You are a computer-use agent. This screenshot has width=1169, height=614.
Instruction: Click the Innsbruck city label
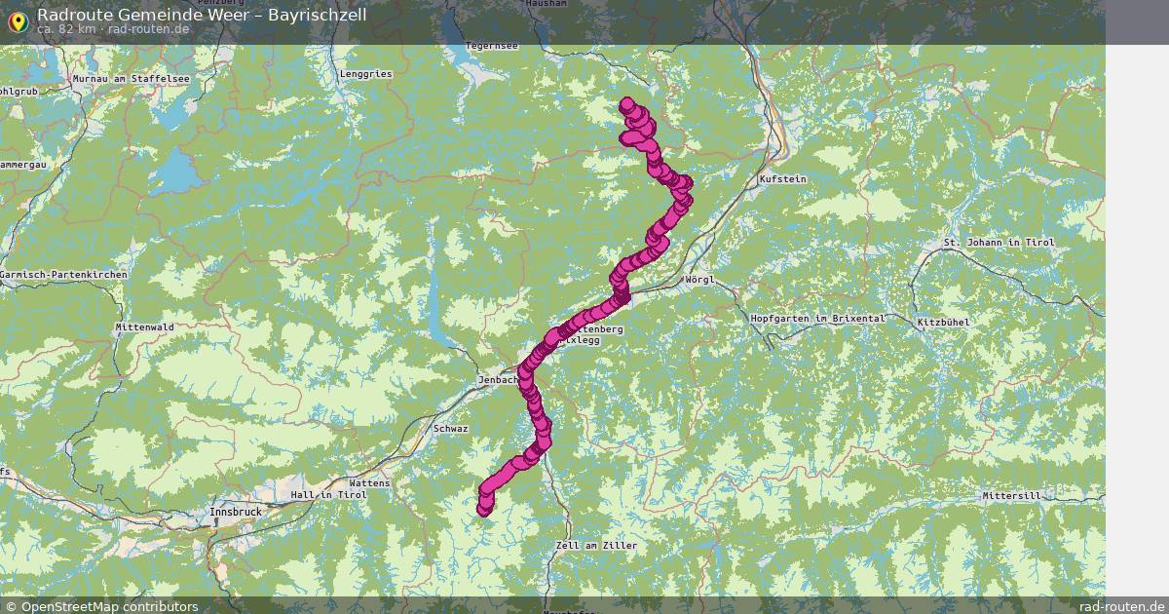point(235,511)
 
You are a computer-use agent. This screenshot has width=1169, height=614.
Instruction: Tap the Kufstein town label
point(782,179)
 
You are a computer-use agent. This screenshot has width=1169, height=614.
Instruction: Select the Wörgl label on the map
point(699,280)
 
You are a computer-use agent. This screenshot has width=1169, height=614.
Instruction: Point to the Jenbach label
point(497,380)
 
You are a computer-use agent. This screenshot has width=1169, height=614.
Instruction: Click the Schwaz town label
point(451,429)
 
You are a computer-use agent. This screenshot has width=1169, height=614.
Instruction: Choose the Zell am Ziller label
point(595,546)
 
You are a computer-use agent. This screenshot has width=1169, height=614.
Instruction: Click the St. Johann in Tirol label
point(999,242)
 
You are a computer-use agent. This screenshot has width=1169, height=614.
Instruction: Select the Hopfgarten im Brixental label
point(817,319)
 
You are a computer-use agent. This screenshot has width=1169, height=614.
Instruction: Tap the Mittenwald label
point(144,326)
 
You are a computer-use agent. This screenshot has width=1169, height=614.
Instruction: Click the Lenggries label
point(366,73)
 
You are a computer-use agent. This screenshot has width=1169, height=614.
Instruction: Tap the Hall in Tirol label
point(327,495)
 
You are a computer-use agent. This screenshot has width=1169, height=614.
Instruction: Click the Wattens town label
point(369,482)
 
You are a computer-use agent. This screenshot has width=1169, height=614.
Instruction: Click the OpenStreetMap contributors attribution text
point(109,606)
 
